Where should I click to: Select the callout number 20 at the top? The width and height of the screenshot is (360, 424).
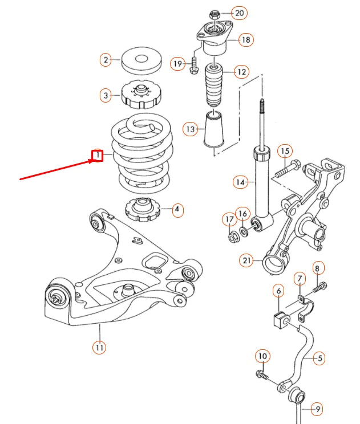(239, 13)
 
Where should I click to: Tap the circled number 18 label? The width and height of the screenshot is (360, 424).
(246, 40)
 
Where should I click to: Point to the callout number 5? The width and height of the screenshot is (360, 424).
(319, 358)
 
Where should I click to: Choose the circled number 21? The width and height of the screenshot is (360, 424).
(247, 261)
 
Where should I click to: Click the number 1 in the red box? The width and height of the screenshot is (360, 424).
(98, 155)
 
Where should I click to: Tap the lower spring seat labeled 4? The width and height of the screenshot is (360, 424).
(142, 209)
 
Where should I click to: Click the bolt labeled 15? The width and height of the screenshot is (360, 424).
(289, 169)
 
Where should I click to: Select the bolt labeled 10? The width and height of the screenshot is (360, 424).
(263, 376)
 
